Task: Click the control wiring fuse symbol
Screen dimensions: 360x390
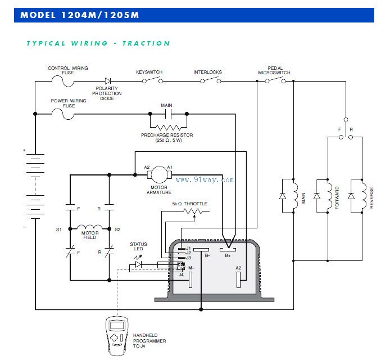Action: pyautogui.click(x=66, y=82)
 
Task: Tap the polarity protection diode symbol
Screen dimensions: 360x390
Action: pyautogui.click(x=107, y=82)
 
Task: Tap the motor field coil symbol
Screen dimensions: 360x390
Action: pyautogui.click(x=90, y=229)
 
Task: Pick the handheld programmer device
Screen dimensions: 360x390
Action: pyautogui.click(x=118, y=335)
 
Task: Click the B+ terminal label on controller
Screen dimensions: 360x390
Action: pyautogui.click(x=228, y=256)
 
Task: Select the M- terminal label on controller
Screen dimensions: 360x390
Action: pyautogui.click(x=191, y=268)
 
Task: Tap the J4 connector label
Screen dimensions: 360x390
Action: pyautogui.click(x=181, y=274)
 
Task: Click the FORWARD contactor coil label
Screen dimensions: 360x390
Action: pyautogui.click(x=337, y=197)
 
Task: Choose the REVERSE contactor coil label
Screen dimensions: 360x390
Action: pyautogui.click(x=371, y=197)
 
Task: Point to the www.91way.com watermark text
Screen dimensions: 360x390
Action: pyautogui.click(x=205, y=180)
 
